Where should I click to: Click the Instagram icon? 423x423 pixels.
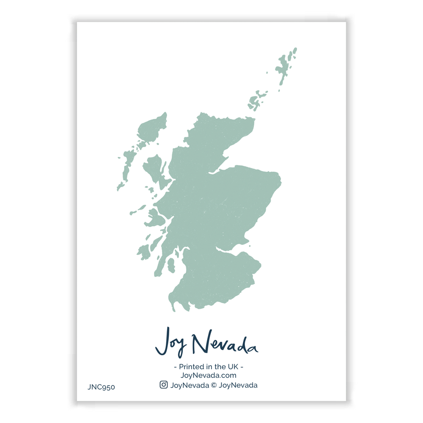tap(164, 385)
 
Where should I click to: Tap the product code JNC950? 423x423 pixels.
tap(101, 387)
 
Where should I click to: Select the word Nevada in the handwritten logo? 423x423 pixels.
tap(224, 343)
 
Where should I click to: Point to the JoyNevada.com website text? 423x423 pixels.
tap(208, 375)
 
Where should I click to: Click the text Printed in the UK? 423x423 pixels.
tap(209, 366)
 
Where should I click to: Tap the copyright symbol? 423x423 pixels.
tap(214, 385)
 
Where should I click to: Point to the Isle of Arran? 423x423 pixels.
tap(171, 265)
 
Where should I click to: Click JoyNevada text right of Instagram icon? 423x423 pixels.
tap(190, 385)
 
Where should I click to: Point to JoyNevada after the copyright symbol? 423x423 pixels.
tap(239, 385)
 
